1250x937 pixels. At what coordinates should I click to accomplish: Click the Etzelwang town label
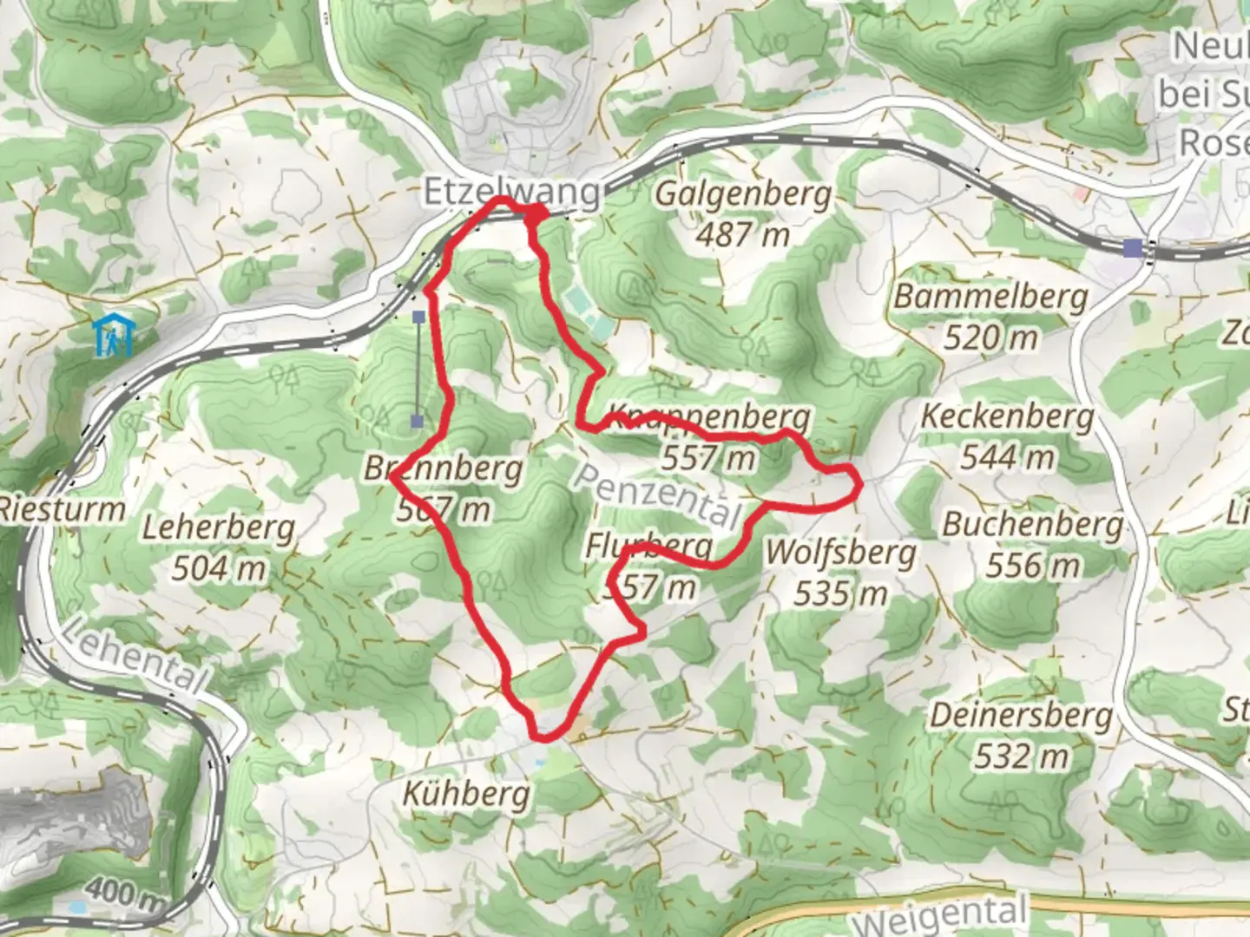(x=510, y=193)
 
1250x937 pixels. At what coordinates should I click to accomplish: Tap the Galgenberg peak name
(x=743, y=194)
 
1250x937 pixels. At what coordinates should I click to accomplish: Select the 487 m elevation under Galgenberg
(x=743, y=234)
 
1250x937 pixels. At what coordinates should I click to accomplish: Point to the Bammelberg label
(x=991, y=297)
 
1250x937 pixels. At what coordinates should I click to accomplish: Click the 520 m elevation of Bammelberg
(x=991, y=337)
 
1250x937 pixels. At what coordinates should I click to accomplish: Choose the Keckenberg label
(x=1007, y=416)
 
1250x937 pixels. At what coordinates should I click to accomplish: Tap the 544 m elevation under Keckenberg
(x=1007, y=457)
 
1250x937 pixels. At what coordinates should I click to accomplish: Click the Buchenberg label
(x=1033, y=524)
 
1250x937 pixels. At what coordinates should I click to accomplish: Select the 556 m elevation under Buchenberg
(x=1033, y=566)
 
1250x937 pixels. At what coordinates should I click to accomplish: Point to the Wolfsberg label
(x=840, y=553)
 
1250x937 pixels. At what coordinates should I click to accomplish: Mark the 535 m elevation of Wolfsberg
(x=840, y=593)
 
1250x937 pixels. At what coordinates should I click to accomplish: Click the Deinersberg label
(x=1021, y=716)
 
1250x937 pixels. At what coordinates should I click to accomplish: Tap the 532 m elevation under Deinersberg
(x=1021, y=757)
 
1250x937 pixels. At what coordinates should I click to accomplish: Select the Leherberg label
(x=219, y=527)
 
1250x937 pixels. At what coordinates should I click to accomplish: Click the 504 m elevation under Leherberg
(x=219, y=569)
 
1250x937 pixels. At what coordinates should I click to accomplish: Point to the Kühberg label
(x=466, y=793)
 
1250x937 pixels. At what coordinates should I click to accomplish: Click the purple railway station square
(x=1132, y=249)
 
